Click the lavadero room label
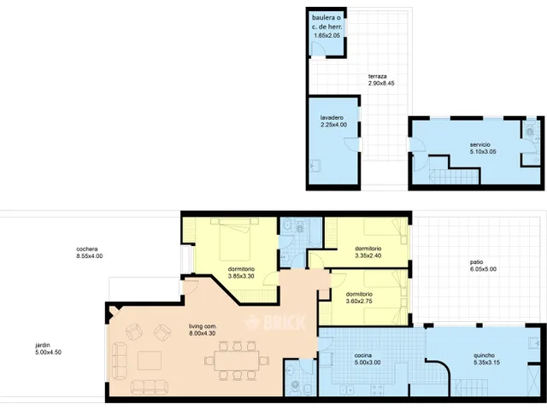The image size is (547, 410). coord(332,118)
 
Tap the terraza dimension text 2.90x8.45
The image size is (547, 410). coord(381,84)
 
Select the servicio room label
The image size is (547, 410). coord(480,144)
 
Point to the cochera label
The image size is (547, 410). coord(87,249)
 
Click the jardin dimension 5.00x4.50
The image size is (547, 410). coord(48,353)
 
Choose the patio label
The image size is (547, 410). coord(477,262)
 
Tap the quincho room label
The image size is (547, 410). coord(485,355)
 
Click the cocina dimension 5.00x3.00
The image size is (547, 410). coord(368,362)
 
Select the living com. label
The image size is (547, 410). coord(203,326)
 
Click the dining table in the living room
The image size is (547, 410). coord(237,360)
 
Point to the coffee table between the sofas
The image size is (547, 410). coord(150,360)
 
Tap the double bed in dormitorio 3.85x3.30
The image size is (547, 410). coord(235,239)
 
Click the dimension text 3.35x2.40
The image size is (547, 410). coord(368,255)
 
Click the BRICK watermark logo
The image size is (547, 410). coord(275,323)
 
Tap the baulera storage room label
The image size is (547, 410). coord(326,22)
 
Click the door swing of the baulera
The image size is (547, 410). coord(318,49)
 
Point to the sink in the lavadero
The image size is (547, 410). coord(315,166)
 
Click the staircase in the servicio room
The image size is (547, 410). coord(454,176)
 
